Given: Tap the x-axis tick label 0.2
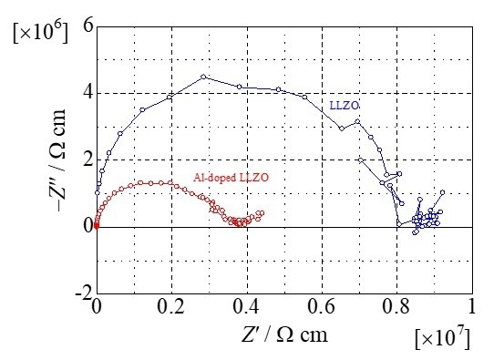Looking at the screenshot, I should [171, 308].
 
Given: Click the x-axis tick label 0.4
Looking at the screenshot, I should [246, 308].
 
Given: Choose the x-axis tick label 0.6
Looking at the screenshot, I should [321, 308].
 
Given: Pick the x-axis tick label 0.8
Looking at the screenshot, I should [396, 308].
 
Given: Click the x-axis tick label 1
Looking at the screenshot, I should [471, 308].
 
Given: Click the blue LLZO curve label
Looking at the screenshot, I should [344, 107].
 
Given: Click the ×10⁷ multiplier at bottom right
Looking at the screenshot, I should [442, 339].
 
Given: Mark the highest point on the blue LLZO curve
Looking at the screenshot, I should [203, 77].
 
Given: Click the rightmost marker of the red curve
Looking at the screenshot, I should [262, 213].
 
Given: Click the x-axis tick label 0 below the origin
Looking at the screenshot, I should [97, 308].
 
